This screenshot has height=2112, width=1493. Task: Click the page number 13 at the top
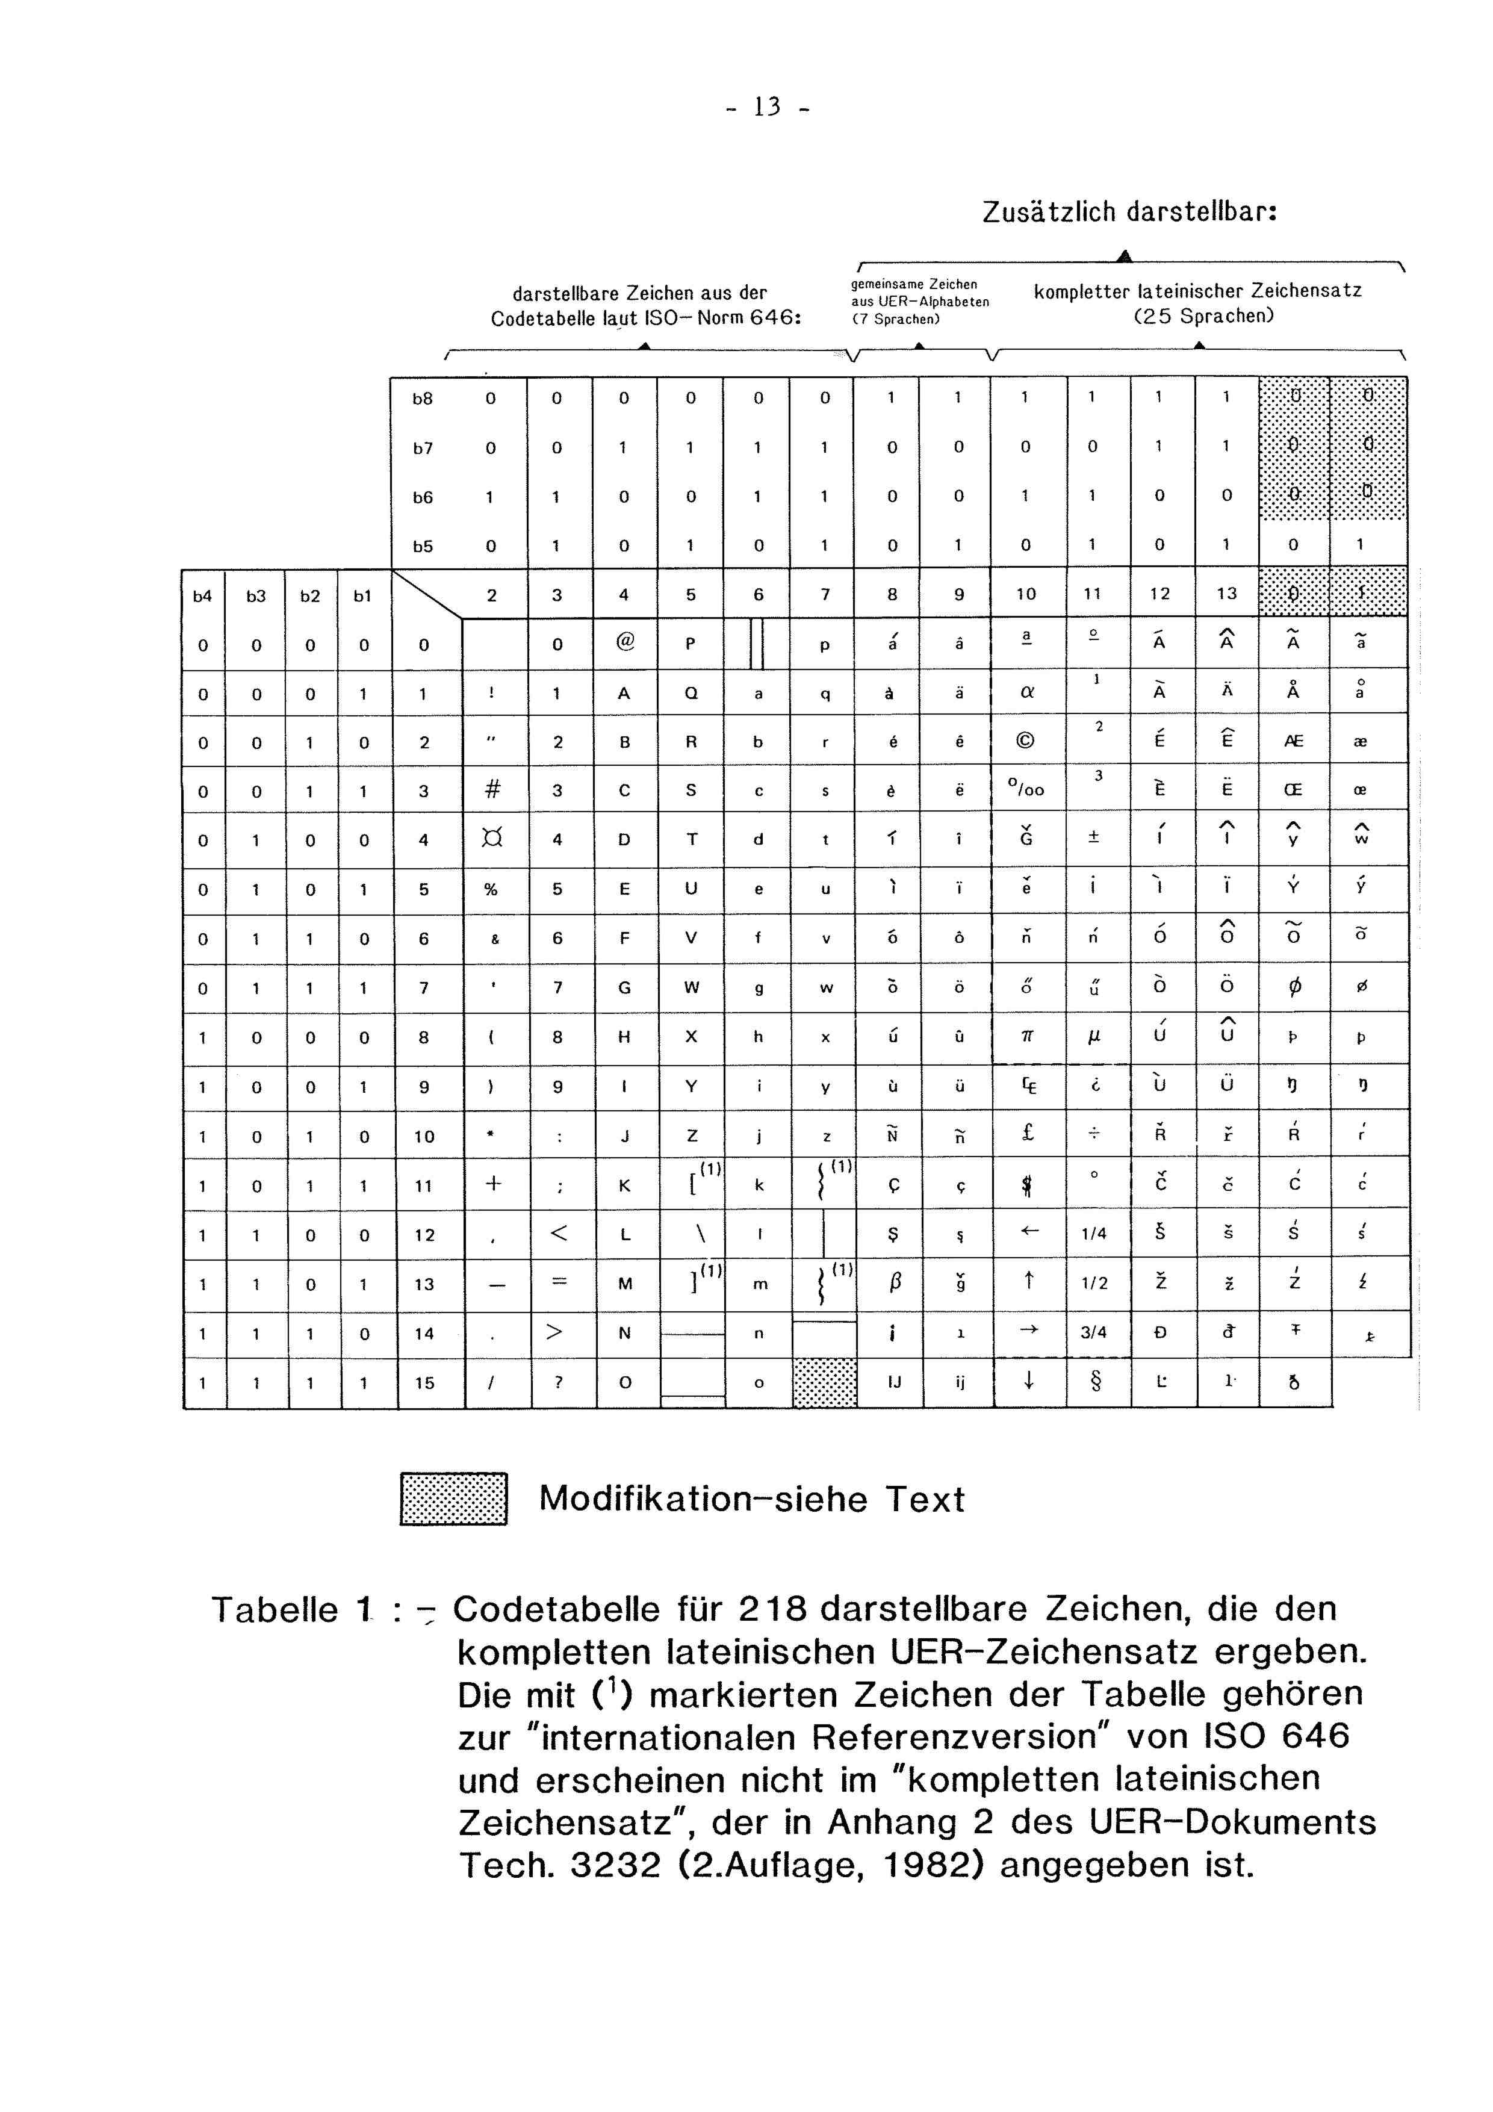point(765,108)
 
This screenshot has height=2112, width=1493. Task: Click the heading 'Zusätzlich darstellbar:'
point(1129,213)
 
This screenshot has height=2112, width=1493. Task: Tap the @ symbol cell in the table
point(625,644)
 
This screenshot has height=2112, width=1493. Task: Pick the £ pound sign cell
point(1028,1134)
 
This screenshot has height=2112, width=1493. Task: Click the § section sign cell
point(1094,1382)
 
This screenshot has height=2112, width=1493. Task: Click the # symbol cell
point(492,790)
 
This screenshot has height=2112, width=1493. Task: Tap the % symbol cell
point(491,889)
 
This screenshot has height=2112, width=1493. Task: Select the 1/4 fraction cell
point(1094,1234)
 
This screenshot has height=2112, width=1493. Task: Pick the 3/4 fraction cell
point(1094,1332)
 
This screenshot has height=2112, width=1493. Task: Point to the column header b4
point(202,596)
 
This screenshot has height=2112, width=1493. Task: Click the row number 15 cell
point(424,1382)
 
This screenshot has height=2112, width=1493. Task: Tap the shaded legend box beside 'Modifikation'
point(453,1499)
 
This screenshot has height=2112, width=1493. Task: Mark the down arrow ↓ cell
point(1028,1382)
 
